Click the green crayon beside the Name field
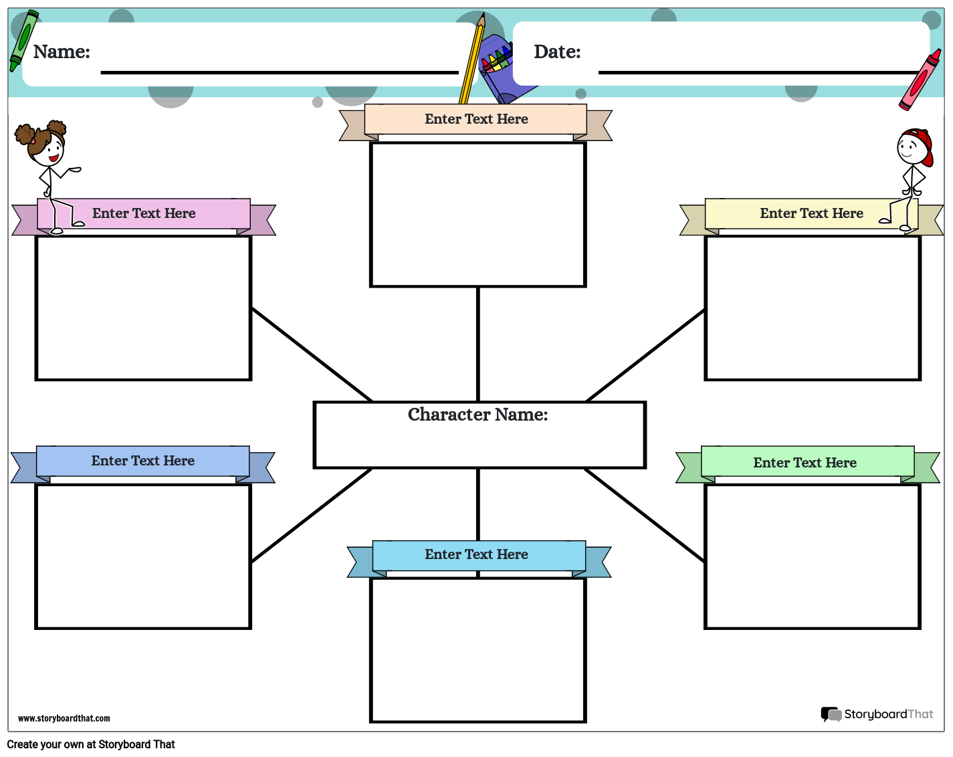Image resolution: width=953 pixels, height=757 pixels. (23, 40)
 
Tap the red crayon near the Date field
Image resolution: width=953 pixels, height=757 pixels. (920, 80)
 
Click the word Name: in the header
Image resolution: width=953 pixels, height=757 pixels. (62, 52)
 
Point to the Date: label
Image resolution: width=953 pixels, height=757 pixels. (557, 52)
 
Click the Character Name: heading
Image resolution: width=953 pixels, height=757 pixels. (478, 415)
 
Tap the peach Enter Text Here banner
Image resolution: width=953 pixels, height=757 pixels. (476, 119)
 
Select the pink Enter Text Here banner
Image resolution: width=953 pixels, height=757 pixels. (144, 213)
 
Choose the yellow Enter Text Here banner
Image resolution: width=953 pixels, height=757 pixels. (811, 213)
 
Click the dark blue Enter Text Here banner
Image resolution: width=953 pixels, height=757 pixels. (143, 461)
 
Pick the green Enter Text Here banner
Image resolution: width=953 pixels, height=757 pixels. (805, 463)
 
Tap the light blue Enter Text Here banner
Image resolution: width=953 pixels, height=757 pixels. (477, 554)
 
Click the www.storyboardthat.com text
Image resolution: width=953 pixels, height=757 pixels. (64, 719)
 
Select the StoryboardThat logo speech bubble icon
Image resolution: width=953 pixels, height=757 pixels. (831, 714)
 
